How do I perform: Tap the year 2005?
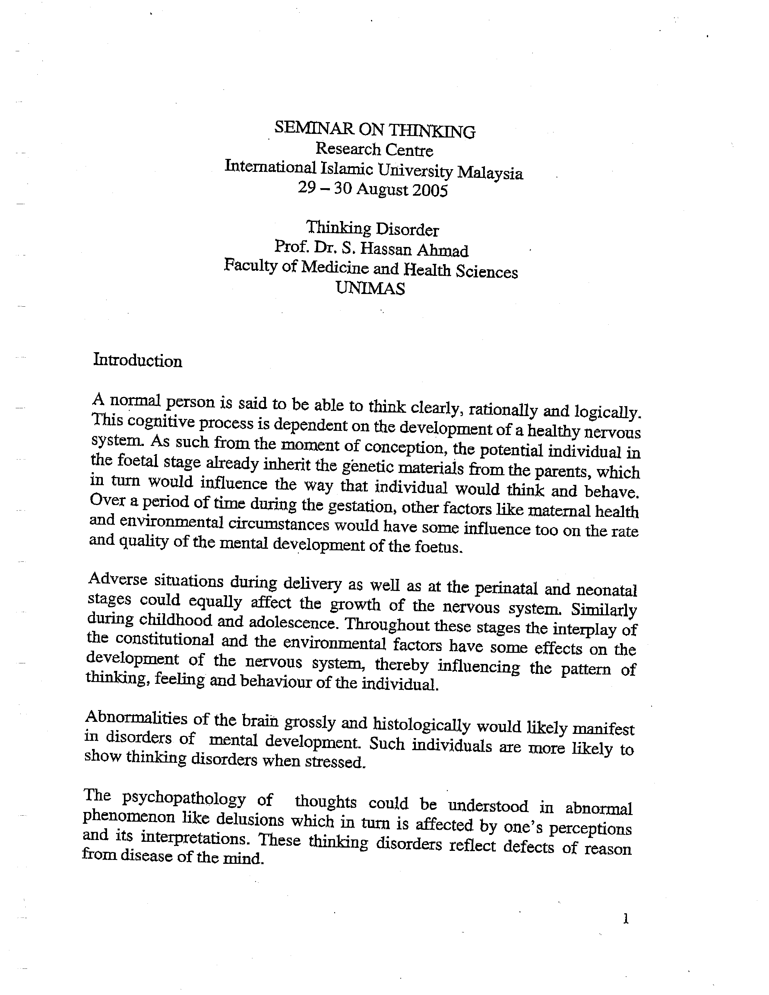point(430,191)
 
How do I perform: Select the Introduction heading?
point(138,361)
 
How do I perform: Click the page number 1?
point(626,919)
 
